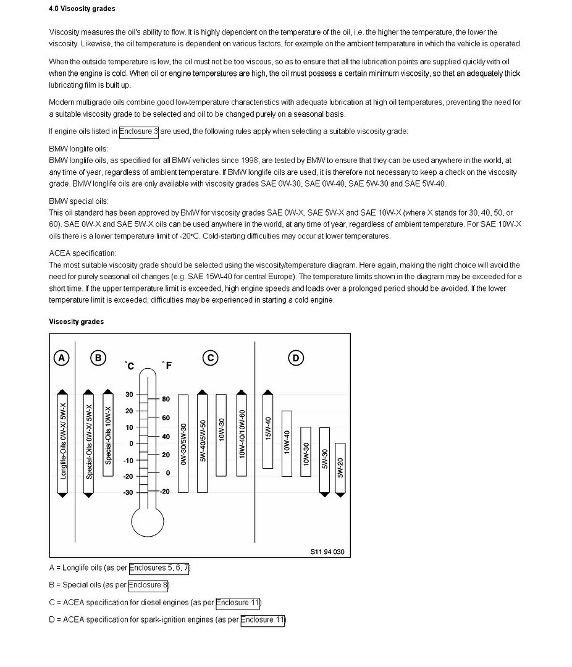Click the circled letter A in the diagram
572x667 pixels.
point(61,358)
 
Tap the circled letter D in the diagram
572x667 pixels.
point(296,358)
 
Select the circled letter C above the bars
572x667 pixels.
point(211,358)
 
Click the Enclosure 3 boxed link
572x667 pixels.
point(139,131)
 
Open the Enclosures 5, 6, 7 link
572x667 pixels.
point(159,568)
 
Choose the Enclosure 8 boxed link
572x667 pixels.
point(148,585)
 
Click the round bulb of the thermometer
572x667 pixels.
point(148,520)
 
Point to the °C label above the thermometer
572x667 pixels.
point(129,366)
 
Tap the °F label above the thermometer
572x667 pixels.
point(167,366)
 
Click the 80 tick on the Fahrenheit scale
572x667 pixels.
point(166,399)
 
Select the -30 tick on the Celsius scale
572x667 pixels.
point(129,492)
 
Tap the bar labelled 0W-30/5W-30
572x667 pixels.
point(183,443)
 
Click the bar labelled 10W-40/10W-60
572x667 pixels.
point(242,435)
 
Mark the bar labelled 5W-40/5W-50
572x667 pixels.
point(202,442)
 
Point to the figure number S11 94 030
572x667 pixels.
point(327,552)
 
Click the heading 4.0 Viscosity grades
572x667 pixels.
point(82,9)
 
